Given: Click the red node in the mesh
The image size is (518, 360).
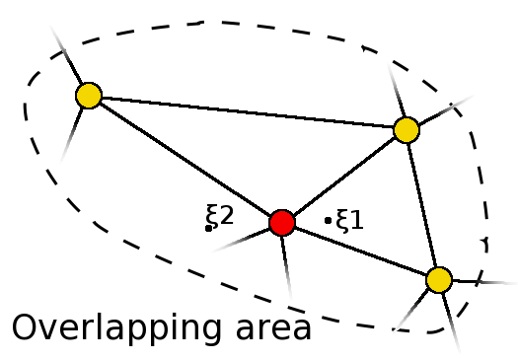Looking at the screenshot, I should pyautogui.click(x=282, y=222).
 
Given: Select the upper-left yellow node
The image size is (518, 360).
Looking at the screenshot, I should pyautogui.click(x=89, y=96).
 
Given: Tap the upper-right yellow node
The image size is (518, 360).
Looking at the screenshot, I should pyautogui.click(x=406, y=129).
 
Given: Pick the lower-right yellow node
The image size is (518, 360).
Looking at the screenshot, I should pyautogui.click(x=439, y=279).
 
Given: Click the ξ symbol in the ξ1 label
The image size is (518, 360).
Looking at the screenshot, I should pyautogui.click(x=343, y=220).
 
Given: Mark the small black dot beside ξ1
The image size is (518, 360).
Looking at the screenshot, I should pyautogui.click(x=328, y=220).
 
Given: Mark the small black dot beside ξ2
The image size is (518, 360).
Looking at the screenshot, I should pyautogui.click(x=208, y=229).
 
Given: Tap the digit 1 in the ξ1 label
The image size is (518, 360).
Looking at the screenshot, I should pyautogui.click(x=357, y=220).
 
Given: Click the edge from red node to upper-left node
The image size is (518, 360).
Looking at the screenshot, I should pyautogui.click(x=185, y=159).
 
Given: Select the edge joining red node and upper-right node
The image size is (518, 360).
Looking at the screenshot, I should pyautogui.click(x=343, y=176).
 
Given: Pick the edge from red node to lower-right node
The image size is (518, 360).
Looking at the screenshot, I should pyautogui.click(x=360, y=251).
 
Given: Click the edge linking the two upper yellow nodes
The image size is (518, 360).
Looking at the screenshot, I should pyautogui.click(x=247, y=112).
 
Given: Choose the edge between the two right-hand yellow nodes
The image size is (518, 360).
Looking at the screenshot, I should pyautogui.click(x=422, y=204).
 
